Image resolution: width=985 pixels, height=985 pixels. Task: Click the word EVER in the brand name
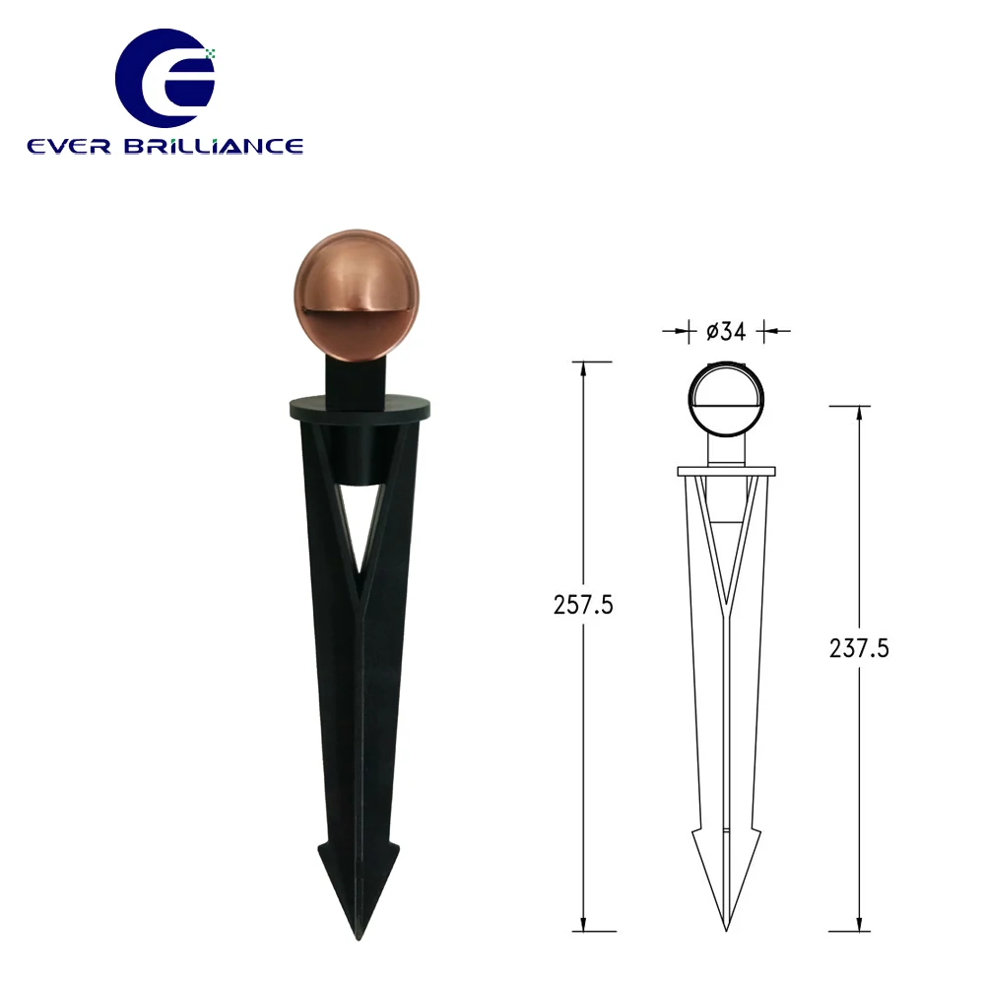point(68,146)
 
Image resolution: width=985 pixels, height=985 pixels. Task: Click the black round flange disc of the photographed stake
point(360,406)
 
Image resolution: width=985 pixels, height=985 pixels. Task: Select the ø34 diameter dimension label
point(726,332)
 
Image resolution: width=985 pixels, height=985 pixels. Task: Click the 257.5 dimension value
point(583,606)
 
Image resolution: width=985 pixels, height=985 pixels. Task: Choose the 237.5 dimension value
point(860,647)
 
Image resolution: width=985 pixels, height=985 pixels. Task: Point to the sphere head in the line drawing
point(726,402)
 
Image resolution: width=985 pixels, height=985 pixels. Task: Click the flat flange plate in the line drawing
point(726,471)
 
